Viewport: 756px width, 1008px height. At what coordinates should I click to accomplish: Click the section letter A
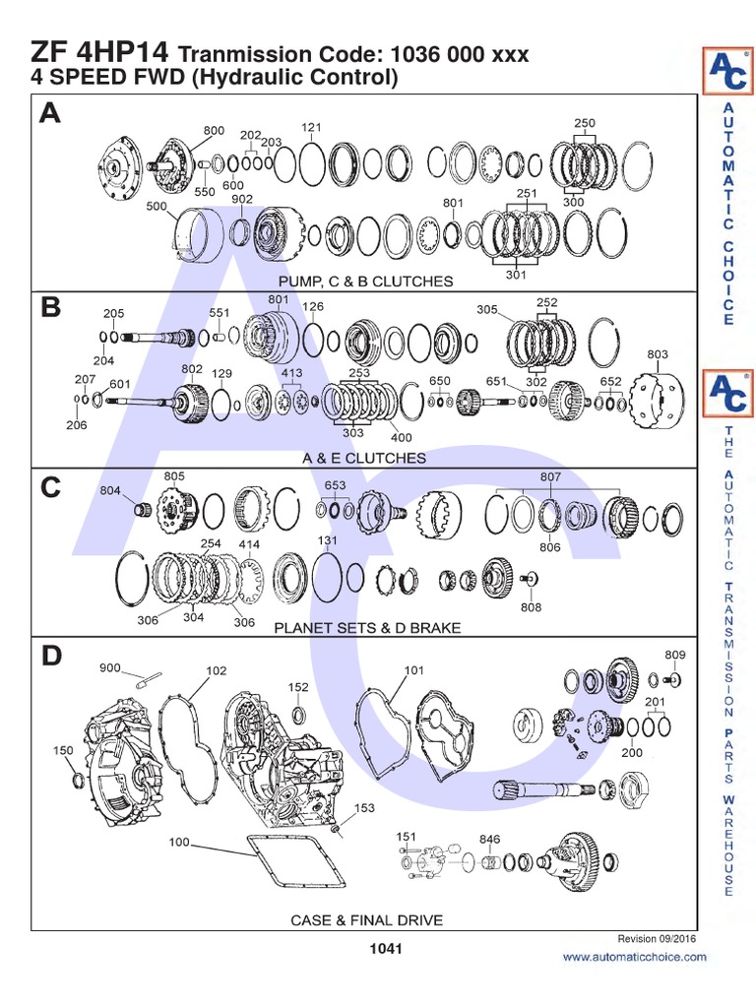pos(50,115)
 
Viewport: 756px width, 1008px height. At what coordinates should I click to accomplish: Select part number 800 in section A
pos(214,131)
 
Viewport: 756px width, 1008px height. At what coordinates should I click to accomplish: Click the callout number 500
pos(156,207)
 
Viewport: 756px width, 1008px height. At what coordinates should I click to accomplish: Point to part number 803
pos(658,354)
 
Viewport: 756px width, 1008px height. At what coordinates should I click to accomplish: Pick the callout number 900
pos(110,667)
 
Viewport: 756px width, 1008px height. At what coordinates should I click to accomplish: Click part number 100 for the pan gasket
pos(179,843)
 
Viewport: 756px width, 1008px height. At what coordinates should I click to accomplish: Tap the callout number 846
pos(489,840)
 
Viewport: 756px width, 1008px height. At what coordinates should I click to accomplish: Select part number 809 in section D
pos(674,655)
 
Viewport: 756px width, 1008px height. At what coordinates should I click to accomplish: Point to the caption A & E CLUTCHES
pos(365,458)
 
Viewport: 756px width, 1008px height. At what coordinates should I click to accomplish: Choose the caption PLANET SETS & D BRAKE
pos(366,626)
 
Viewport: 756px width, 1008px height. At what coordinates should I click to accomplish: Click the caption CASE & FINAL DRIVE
pos(366,920)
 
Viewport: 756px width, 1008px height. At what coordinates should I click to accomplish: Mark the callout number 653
pos(336,485)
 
